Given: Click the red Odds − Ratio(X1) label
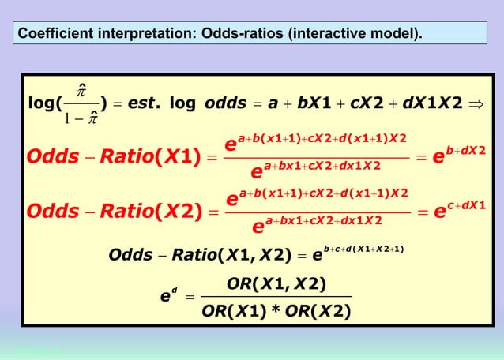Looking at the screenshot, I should [x=111, y=156].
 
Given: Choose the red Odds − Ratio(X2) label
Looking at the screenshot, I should [x=111, y=212].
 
